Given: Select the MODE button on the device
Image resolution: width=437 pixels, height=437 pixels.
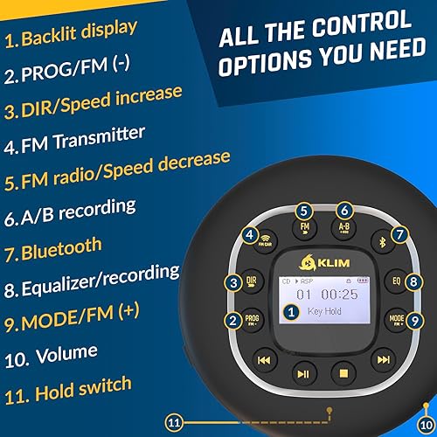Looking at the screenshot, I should point(395,321).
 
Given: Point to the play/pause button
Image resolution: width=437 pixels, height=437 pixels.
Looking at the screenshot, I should point(302,375).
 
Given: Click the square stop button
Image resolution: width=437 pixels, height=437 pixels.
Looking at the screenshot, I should point(343,375).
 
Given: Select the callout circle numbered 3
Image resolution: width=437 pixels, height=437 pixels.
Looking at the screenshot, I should point(232,282).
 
